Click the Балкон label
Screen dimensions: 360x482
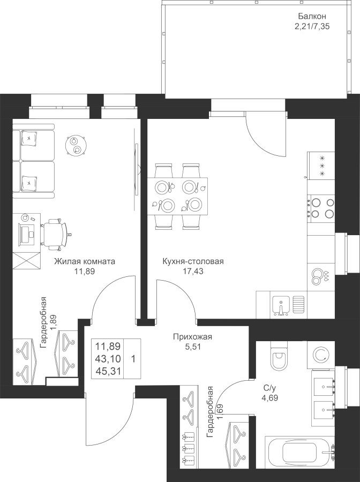312,16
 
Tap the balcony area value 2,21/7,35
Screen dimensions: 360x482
312,26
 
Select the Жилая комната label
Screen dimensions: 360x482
85,261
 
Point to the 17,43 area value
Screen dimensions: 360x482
193,272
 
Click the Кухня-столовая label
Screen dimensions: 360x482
193,261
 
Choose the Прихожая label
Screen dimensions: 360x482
192,337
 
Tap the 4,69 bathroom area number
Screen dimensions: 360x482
269,398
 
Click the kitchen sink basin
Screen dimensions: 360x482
281,305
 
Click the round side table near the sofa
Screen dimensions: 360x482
76,145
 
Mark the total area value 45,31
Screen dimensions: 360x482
108,372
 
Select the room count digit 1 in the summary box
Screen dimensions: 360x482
133,359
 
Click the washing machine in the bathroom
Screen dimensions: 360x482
321,356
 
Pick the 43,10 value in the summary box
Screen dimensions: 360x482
108,359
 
